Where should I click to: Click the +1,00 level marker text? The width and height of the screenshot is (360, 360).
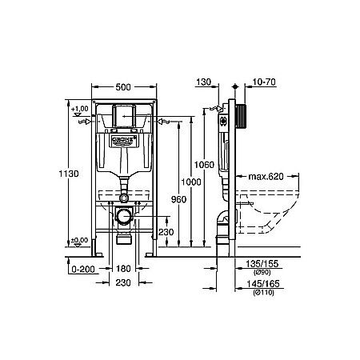[79, 108]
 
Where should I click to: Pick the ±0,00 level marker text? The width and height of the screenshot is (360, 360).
[79, 240]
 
